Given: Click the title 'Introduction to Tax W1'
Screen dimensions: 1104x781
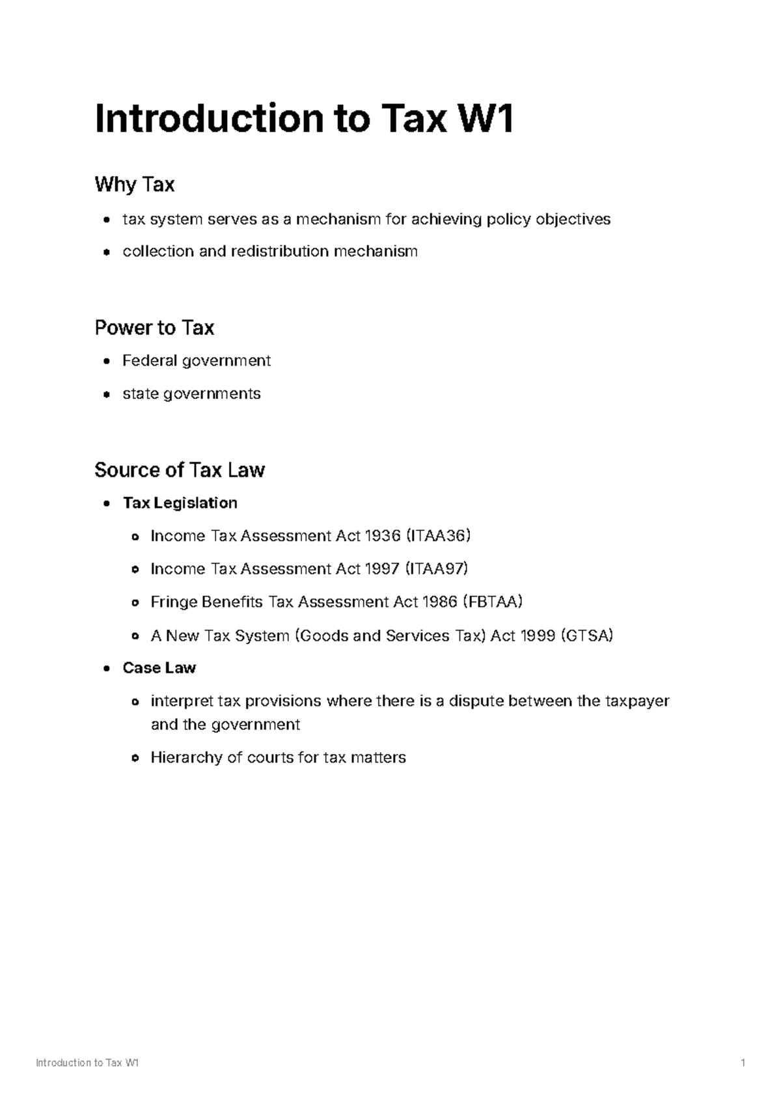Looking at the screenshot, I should [304, 119].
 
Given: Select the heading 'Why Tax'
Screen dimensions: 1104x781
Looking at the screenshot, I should [134, 185].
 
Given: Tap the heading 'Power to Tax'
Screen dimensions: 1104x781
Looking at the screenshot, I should [154, 327].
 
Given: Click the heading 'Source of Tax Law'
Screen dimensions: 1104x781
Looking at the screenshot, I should [180, 470].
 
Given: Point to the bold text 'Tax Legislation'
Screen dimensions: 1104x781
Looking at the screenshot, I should [180, 503].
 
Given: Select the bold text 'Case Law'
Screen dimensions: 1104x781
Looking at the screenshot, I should [159, 668].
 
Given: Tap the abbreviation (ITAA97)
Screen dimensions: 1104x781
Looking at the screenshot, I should [437, 569].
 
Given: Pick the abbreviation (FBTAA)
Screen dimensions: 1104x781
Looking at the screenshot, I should [492, 602].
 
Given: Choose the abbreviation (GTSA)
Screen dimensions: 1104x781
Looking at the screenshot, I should [586, 636].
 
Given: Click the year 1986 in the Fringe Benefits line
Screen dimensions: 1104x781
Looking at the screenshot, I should [439, 602].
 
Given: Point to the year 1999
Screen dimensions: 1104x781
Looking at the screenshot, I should [538, 636].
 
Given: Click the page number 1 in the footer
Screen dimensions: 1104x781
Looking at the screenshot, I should [743, 1063].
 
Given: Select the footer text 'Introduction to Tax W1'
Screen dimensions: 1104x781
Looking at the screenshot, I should [87, 1063].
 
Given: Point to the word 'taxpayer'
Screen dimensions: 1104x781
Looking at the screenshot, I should [637, 701].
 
